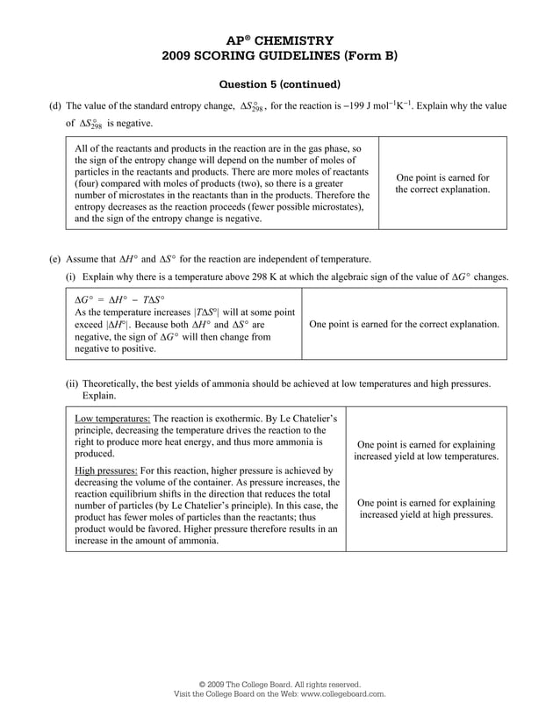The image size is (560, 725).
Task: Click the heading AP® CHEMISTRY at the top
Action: coord(279,40)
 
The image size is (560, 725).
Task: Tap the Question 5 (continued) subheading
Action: coord(279,84)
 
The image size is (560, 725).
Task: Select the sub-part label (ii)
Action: coord(74,383)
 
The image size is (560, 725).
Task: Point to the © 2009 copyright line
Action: coord(279,684)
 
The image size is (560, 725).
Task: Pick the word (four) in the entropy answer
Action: coord(90,184)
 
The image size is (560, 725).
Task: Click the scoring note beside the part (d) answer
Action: coord(442,183)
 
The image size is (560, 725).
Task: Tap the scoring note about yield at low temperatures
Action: coord(427,450)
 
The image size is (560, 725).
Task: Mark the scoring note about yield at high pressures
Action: coord(427,508)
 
